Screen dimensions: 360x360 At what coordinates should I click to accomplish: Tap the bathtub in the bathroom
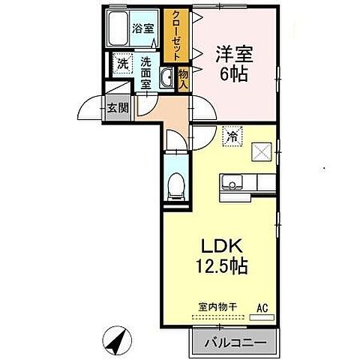(x=118, y=28)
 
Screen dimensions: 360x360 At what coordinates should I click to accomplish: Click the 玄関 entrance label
(x=117, y=107)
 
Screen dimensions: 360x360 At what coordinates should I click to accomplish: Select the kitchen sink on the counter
(x=231, y=182)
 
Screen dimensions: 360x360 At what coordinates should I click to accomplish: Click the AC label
(x=262, y=307)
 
